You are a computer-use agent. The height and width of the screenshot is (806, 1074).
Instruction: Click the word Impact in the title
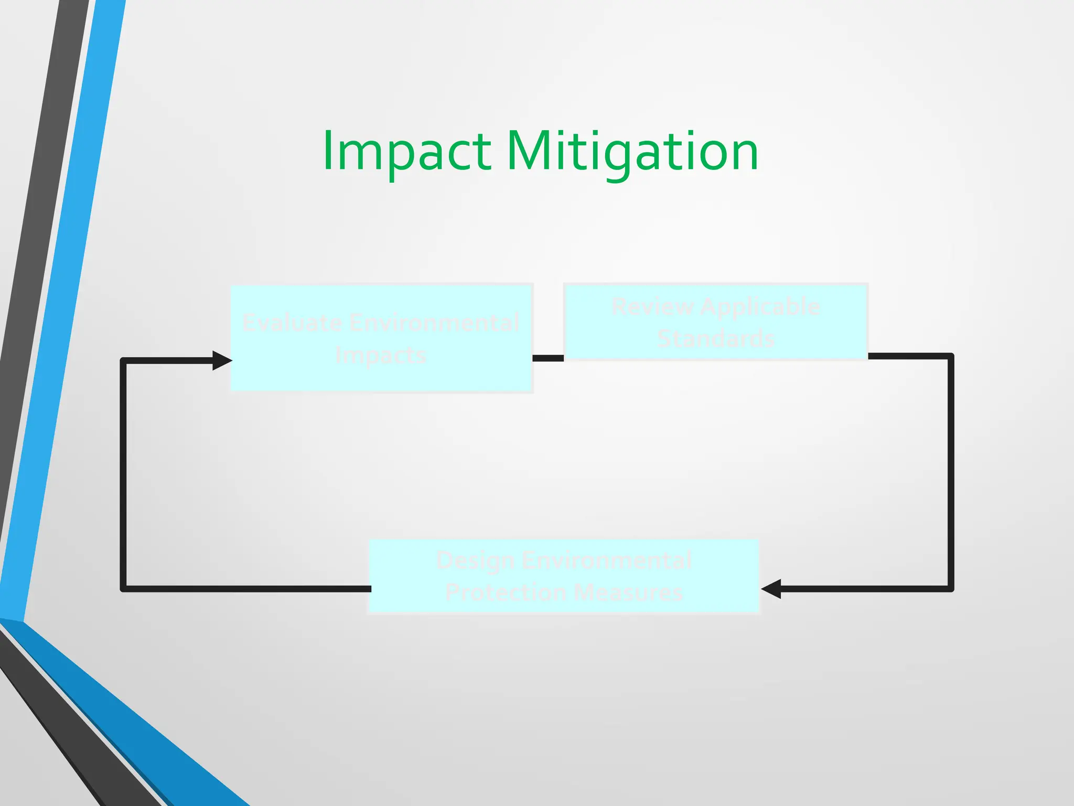pos(407,152)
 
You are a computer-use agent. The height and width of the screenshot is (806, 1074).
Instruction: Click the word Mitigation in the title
pos(632,152)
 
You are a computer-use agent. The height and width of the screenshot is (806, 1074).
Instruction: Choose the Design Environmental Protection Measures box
pos(564,576)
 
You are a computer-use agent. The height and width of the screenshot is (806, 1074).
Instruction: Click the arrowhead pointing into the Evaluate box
pos(222,360)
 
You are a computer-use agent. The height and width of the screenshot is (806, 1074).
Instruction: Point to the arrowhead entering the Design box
pos(771,589)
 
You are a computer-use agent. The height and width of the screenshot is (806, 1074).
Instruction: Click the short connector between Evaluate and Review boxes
pos(548,358)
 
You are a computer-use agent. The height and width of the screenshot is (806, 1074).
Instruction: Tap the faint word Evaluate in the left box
pos(291,323)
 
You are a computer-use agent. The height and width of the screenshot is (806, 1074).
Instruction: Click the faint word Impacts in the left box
pos(381,356)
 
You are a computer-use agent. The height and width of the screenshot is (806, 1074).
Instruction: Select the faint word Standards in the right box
pos(716,338)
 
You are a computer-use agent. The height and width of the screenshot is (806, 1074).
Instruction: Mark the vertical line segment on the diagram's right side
pos(951,472)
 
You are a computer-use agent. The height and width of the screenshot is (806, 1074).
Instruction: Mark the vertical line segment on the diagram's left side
pos(123,472)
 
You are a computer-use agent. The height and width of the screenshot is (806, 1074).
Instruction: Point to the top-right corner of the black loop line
pos(950,357)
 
